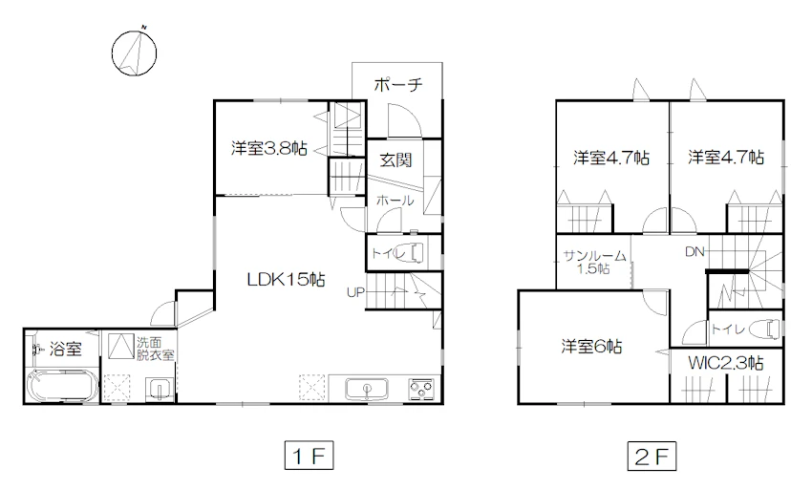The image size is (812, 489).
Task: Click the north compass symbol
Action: (134, 53)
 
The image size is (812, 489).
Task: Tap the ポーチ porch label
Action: (397, 84)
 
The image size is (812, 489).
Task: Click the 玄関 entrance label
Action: (395, 160)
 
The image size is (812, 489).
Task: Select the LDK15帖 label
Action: (286, 280)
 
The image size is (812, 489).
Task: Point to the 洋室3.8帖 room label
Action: (269, 149)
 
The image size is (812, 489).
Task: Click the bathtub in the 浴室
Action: (62, 387)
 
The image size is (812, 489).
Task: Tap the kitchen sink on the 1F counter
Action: (367, 388)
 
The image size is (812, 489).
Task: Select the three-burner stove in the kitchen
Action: (421, 388)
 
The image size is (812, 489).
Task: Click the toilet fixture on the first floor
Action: (417, 252)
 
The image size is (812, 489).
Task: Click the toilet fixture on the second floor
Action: (769, 329)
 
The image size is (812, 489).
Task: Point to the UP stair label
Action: (355, 292)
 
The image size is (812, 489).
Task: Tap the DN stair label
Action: (694, 252)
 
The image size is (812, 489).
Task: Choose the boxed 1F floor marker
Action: (309, 456)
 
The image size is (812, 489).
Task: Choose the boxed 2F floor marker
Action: (652, 456)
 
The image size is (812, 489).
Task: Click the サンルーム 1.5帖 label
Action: (594, 262)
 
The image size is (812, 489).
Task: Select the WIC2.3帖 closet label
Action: (725, 363)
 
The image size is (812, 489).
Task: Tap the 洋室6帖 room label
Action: (591, 346)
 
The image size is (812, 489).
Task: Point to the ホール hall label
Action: (395, 201)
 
